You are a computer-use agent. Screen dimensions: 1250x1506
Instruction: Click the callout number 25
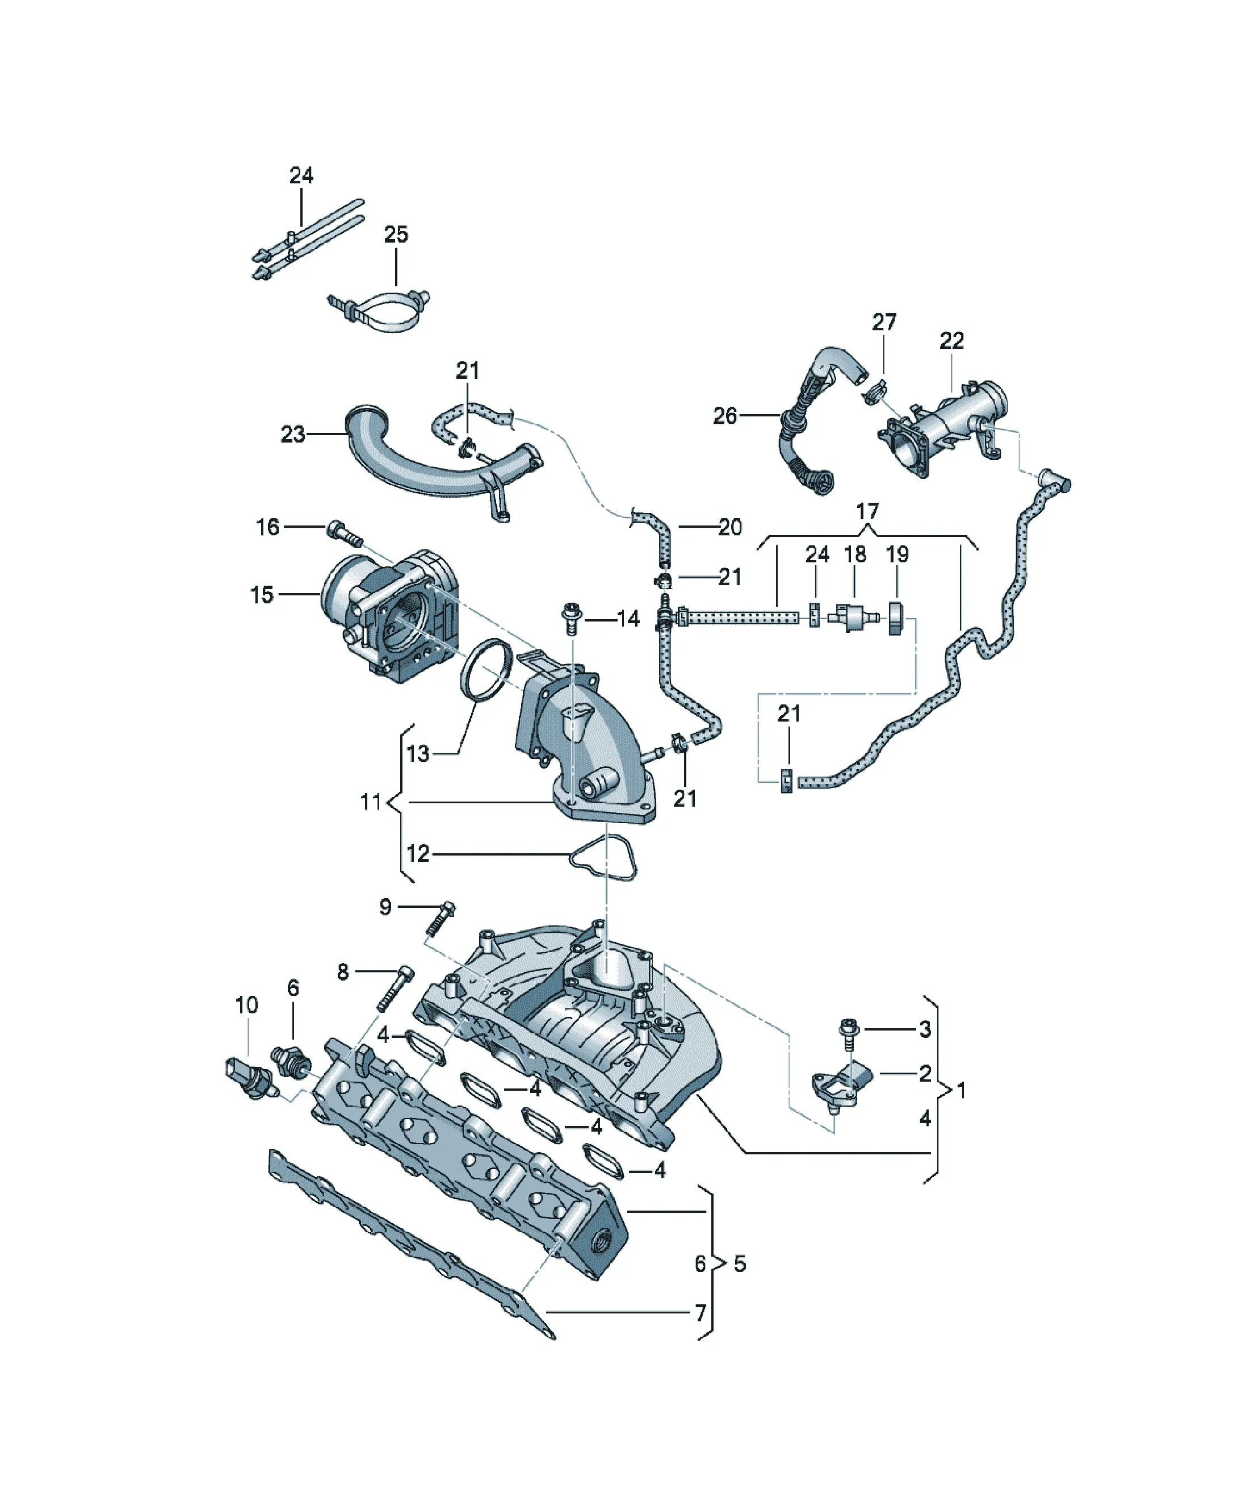click(396, 235)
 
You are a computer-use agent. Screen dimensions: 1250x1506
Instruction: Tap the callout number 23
click(292, 434)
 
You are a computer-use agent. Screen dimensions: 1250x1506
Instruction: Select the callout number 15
click(262, 595)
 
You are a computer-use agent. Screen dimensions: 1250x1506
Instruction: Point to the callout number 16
click(267, 527)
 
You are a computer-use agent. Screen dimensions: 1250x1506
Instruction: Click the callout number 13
click(418, 754)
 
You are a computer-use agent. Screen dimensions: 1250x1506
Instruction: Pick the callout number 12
click(418, 853)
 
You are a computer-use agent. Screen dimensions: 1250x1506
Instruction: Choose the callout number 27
click(884, 322)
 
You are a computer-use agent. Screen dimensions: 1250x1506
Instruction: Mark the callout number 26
click(725, 415)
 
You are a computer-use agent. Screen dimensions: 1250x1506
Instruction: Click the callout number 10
click(246, 1005)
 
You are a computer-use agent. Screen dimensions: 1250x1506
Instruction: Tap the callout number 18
click(854, 554)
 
